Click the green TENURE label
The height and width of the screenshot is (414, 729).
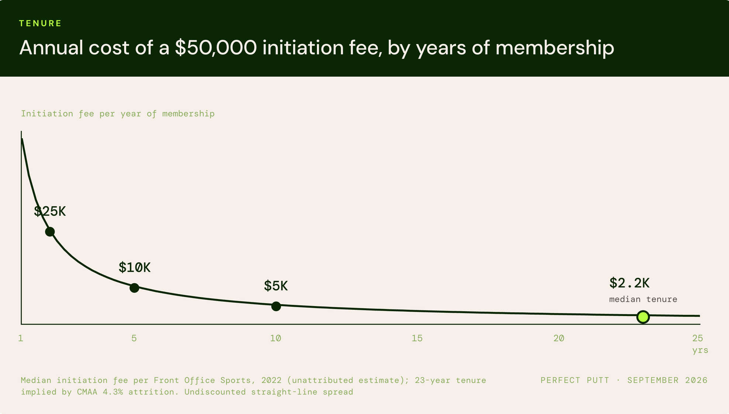tap(40, 23)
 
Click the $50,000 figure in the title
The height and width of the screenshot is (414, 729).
tap(216, 48)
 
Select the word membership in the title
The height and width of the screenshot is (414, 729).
tap(554, 48)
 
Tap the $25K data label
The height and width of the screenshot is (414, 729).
tap(50, 211)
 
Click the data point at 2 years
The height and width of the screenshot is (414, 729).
tap(50, 232)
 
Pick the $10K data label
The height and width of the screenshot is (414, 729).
tap(134, 267)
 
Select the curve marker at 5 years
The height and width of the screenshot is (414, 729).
tap(134, 288)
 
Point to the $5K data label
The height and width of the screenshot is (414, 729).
tap(276, 286)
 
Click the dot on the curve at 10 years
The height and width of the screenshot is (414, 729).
tap(276, 306)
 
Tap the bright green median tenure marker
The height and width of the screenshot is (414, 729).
tap(643, 317)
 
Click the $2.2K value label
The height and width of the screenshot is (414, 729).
tap(629, 283)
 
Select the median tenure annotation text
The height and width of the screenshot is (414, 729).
tap(643, 299)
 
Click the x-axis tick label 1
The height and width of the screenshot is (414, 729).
tap(21, 338)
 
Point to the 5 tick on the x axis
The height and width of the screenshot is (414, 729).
tap(134, 338)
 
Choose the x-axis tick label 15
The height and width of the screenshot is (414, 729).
tap(417, 338)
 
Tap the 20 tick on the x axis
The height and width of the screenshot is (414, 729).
tap(559, 338)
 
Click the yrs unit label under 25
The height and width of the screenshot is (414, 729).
tap(700, 350)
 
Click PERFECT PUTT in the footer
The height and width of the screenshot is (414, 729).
tap(575, 380)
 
